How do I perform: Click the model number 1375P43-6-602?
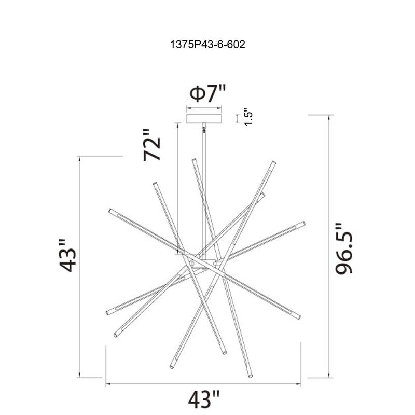[x=208, y=45]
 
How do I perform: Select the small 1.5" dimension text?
[x=248, y=117]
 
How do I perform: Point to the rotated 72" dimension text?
[x=151, y=145]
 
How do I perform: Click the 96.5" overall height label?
[x=344, y=248]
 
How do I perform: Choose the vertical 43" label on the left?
[x=67, y=255]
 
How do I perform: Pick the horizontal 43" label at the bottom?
[x=204, y=399]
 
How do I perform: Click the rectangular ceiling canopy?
[x=204, y=119]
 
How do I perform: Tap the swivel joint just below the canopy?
[x=204, y=129]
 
